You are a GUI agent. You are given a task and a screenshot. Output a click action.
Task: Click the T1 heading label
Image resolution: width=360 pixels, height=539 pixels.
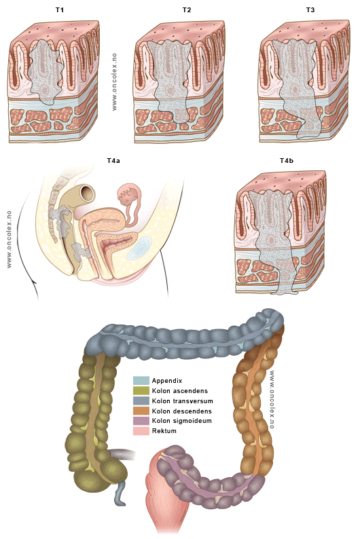(60, 10)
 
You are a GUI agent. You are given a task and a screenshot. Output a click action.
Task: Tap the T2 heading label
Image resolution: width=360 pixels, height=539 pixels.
(186, 10)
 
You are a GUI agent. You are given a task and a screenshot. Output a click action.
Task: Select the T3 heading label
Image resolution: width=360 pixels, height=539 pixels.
(310, 10)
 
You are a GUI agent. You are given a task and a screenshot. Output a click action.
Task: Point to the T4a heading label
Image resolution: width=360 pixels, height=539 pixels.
(113, 160)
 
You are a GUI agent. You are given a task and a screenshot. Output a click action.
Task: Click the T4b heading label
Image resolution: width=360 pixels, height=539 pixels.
(287, 160)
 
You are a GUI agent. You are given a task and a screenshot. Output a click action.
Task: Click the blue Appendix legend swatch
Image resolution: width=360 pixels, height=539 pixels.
(141, 381)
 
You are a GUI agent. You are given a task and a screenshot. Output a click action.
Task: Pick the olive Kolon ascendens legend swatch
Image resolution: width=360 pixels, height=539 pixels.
(141, 391)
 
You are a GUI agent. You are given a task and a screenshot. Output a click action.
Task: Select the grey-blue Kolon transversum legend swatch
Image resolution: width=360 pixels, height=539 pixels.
(141, 401)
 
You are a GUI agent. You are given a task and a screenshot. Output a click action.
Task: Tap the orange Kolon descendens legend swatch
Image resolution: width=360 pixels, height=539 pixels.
(141, 411)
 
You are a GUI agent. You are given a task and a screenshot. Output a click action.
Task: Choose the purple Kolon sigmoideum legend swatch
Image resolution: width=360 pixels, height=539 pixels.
(141, 421)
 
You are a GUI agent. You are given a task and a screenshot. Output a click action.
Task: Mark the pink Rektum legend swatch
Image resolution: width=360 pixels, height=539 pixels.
(141, 430)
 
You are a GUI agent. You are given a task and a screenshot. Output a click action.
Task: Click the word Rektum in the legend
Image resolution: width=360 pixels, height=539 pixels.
(164, 430)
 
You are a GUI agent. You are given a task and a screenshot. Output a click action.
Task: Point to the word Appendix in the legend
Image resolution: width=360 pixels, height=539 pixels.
(167, 381)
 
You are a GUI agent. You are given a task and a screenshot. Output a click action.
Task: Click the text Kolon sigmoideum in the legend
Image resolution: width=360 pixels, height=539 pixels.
(182, 421)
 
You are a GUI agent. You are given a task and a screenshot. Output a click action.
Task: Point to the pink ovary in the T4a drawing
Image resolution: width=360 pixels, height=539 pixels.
(127, 196)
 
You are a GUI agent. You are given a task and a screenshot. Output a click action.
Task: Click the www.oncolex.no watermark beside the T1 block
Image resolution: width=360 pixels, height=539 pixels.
(114, 82)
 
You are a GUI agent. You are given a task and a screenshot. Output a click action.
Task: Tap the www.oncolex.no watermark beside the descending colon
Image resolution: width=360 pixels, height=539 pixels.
(272, 399)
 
